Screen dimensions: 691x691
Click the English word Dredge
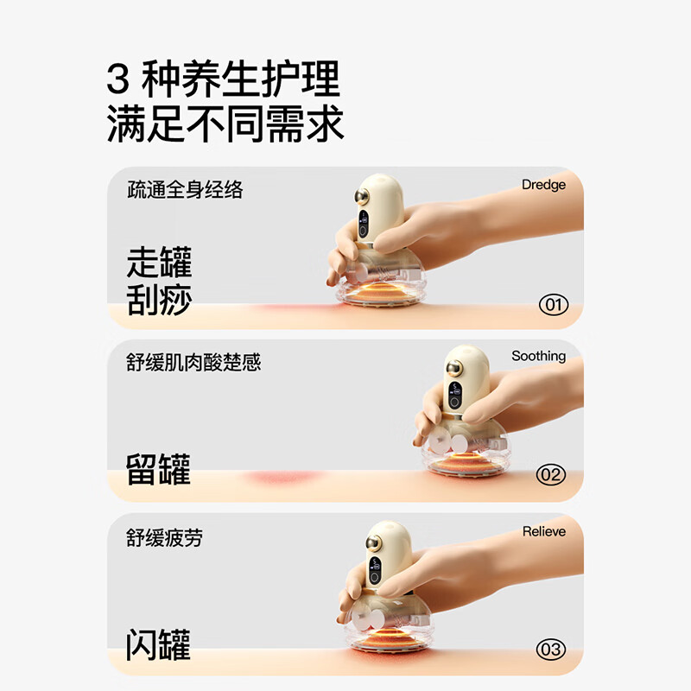pos(543,184)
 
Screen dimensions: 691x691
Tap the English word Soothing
pos(538,356)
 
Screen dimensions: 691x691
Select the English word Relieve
pos(544,531)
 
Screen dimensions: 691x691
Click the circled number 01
pos(553,304)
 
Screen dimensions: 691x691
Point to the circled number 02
pos(550,474)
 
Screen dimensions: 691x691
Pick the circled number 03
pos(550,649)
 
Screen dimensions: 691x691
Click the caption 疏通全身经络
pos(185,190)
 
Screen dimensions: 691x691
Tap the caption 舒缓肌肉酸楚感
pos(193,363)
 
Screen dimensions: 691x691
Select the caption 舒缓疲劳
pos(165,538)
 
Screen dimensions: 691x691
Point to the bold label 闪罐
pos(158,644)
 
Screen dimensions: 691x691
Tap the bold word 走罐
pos(159,262)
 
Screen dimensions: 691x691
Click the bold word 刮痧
pos(159,300)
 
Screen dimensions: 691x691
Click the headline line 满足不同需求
pos(225,124)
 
